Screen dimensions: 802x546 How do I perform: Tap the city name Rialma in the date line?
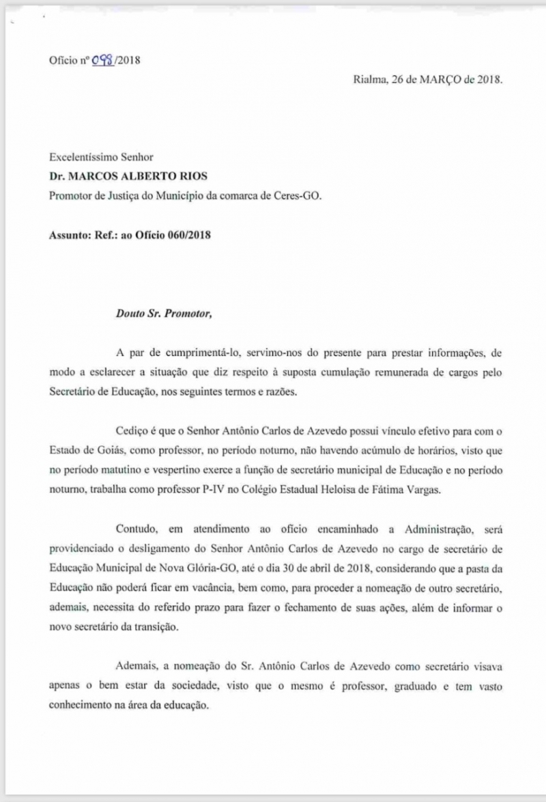[369, 79]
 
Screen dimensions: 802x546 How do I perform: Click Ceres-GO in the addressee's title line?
[298, 195]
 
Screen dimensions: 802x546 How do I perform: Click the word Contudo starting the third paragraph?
[136, 529]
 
